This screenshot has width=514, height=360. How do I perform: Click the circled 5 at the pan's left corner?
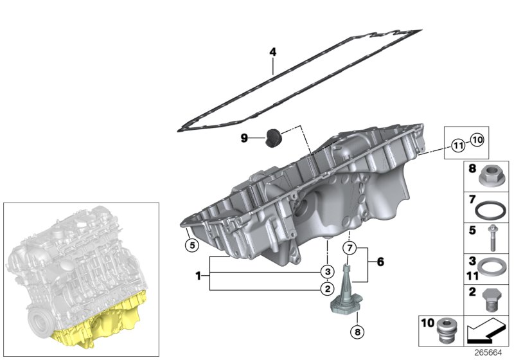point(190,244)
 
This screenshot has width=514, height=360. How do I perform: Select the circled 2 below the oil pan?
point(326,289)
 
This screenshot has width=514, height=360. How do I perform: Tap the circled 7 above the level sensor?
point(349,248)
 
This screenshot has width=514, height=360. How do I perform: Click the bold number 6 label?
point(380,262)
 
